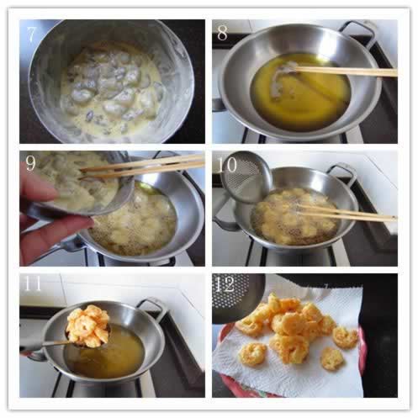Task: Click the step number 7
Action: pos(30,34)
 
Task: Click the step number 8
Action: pos(222,34)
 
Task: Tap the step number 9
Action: pos(30,163)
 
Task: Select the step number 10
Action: pos(226,165)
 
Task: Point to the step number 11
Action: pos(33,283)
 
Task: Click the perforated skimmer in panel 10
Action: pos(246,177)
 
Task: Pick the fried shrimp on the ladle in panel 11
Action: pos(87,325)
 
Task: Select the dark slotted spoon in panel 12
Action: pos(238,297)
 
